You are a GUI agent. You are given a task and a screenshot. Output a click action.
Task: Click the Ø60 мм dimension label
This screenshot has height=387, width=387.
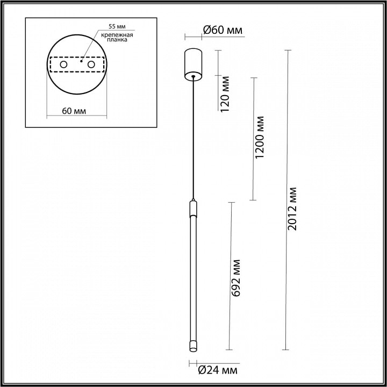pyautogui.click(x=223, y=30)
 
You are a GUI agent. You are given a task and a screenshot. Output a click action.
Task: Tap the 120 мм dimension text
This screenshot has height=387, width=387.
pyautogui.click(x=225, y=94)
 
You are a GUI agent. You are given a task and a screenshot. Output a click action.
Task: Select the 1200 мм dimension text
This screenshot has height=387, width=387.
pyautogui.click(x=260, y=137)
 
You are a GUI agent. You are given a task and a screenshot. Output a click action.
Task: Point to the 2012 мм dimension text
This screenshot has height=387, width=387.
pyautogui.click(x=292, y=209)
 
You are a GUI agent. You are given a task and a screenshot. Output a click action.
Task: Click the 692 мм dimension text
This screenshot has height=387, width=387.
pyautogui.click(x=236, y=278)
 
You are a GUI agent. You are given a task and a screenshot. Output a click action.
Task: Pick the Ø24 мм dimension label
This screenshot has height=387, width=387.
pyautogui.click(x=218, y=370)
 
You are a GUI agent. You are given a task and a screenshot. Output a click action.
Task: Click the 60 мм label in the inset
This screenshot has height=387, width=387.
pyautogui.click(x=74, y=111)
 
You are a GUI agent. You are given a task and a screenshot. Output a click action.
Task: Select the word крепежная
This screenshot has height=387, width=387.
pyautogui.click(x=117, y=35)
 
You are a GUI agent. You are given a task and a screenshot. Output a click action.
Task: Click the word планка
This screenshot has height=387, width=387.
pyautogui.click(x=117, y=40)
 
